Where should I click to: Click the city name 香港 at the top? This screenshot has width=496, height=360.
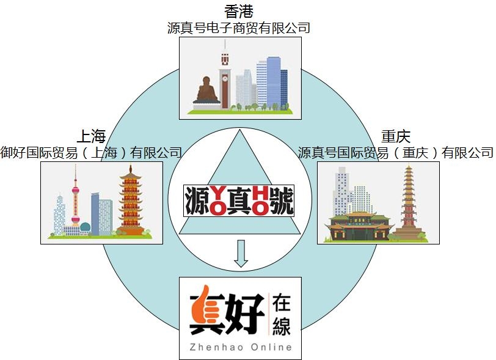click(x=239, y=12)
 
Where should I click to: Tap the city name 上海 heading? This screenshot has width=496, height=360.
click(x=91, y=136)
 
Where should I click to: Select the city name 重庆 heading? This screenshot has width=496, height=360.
click(x=395, y=136)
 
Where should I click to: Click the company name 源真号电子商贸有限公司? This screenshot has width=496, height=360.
click(x=239, y=28)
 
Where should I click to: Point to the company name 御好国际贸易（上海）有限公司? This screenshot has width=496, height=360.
click(x=91, y=153)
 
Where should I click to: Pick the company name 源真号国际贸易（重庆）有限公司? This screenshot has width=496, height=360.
click(x=395, y=153)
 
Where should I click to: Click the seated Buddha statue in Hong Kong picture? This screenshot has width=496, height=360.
click(x=206, y=90)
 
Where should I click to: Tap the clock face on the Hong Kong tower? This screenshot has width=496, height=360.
click(x=225, y=78)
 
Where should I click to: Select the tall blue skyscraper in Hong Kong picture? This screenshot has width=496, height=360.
click(x=274, y=83)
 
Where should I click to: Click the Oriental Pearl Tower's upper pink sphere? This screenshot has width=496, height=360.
click(x=75, y=191)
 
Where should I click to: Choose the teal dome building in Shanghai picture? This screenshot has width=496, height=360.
click(x=85, y=227)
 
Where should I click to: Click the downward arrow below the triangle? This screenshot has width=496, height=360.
click(x=241, y=254)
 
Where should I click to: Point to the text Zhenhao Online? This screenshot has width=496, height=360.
click(x=241, y=347)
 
